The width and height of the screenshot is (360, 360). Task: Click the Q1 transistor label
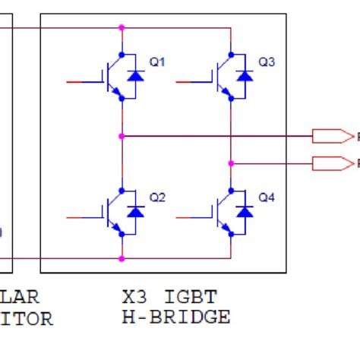[x=156, y=62]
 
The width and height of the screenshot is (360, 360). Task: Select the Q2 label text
[x=156, y=197]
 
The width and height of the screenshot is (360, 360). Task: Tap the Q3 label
[x=267, y=62]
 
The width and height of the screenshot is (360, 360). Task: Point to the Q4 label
[x=267, y=197]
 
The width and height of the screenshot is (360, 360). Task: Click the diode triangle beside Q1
[x=135, y=76]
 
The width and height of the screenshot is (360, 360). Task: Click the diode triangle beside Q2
[x=135, y=212]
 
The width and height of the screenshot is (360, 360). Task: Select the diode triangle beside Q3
[x=245, y=76]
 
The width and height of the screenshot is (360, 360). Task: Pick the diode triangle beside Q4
[x=245, y=212]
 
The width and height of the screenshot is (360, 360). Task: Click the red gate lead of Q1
[x=78, y=80]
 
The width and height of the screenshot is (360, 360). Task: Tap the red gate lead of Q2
[x=78, y=217]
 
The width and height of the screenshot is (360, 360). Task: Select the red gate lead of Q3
[x=188, y=80]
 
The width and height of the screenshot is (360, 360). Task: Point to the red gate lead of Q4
[x=188, y=217]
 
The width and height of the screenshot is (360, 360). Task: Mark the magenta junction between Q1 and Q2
[x=122, y=137]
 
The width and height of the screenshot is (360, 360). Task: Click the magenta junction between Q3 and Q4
[x=231, y=163]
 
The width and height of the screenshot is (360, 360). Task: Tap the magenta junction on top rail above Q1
[x=122, y=28]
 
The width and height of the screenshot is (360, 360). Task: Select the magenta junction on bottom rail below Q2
[x=122, y=258]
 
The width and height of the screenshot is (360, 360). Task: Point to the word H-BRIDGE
[x=175, y=317]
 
